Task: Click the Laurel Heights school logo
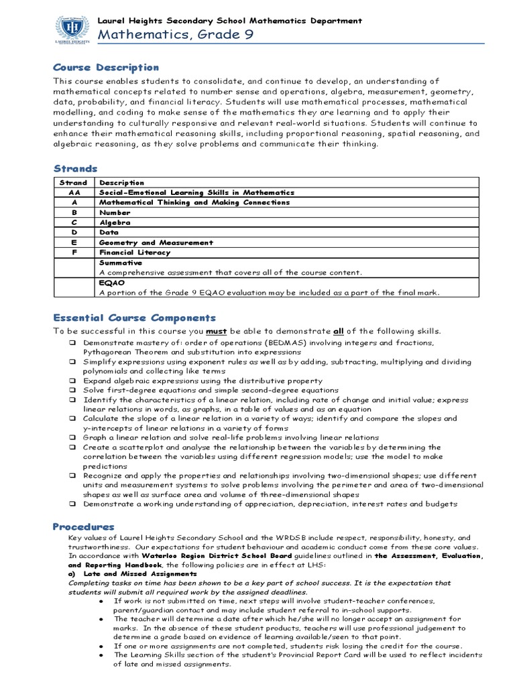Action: coord(71,29)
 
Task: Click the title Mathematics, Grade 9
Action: coord(176,36)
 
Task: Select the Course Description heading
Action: coord(106,68)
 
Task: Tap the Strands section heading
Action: coord(75,169)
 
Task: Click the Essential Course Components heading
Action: coord(135,318)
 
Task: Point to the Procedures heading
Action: coord(84,527)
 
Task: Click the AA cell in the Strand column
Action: coord(74,192)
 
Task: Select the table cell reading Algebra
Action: coord(115,222)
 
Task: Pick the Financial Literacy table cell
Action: coord(135,253)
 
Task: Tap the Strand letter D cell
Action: coord(74,232)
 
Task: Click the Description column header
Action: coord(121,182)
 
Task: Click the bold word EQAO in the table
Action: coord(111,283)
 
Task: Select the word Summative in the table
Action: coord(121,263)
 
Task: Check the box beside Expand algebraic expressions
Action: coord(71,381)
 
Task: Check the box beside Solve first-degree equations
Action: coord(71,390)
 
